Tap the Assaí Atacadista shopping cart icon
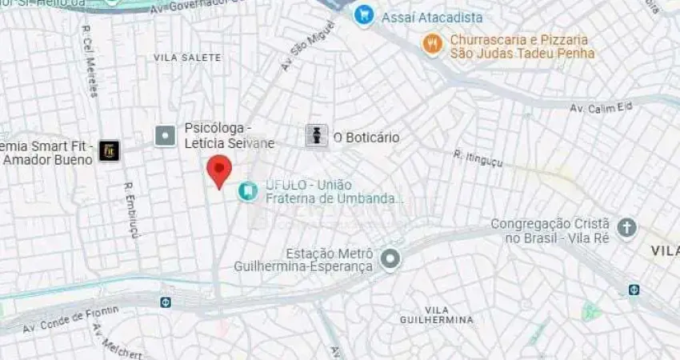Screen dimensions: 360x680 (x=364, y=15)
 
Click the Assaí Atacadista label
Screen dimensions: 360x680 (x=432, y=17)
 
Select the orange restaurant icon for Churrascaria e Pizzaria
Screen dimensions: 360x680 (x=433, y=44)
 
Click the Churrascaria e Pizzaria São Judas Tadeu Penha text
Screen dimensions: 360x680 (x=522, y=46)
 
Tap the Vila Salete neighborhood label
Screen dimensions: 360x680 (x=187, y=58)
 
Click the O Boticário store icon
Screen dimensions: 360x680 (x=317, y=136)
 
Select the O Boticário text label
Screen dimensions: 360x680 (x=366, y=138)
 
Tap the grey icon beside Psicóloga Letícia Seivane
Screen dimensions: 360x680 (x=166, y=136)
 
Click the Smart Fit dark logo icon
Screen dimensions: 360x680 (x=109, y=150)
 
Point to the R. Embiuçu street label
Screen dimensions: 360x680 (x=131, y=210)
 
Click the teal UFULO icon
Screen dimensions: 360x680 (x=246, y=190)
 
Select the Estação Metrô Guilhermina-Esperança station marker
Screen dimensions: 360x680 (x=390, y=258)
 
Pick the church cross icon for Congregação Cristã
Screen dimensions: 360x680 (x=627, y=228)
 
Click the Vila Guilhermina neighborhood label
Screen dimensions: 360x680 (x=437, y=314)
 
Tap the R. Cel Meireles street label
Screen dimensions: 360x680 (x=89, y=60)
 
